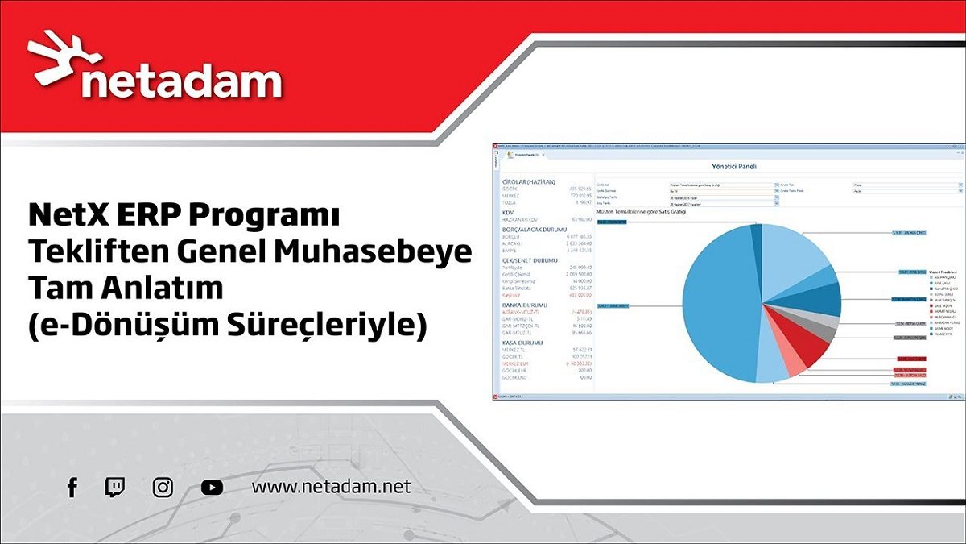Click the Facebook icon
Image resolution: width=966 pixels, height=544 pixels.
(x=72, y=487)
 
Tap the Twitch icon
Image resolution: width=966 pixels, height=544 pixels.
(x=115, y=487)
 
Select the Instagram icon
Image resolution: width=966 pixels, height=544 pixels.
(x=163, y=487)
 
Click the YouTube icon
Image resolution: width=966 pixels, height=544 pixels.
(x=212, y=487)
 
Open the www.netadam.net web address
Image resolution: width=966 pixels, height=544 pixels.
(x=331, y=487)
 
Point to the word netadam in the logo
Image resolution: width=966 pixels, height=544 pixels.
(x=182, y=81)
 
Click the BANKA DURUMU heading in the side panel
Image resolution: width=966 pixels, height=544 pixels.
(x=524, y=305)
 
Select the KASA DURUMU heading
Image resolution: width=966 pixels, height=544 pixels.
(x=522, y=343)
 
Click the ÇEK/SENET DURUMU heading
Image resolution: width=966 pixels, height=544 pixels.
(x=530, y=260)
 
